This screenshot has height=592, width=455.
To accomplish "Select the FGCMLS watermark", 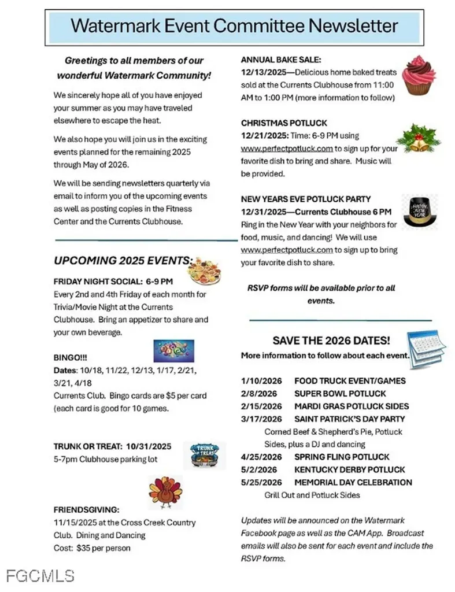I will [40, 575].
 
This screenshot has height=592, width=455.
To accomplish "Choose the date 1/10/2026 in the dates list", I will [261, 381].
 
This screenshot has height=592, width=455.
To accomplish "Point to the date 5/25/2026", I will [261, 482].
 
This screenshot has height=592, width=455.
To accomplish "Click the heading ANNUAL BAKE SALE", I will [280, 60].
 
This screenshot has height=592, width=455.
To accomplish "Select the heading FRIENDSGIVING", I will [86, 510].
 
